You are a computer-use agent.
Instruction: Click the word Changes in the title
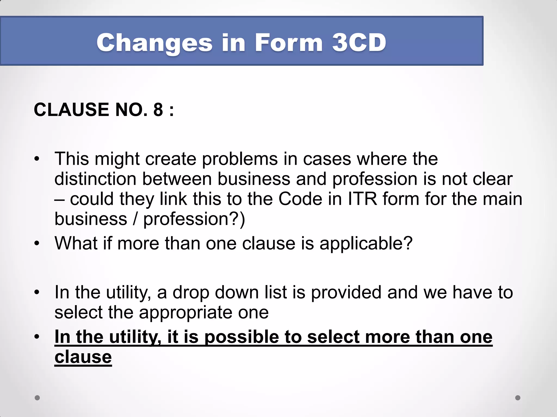(154, 43)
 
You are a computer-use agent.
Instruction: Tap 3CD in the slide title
(359, 43)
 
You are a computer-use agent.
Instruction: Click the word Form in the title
(289, 43)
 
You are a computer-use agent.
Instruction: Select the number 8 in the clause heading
(158, 110)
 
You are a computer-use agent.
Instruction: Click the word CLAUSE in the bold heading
(71, 110)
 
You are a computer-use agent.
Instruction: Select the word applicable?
(366, 243)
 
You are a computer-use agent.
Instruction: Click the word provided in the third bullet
(346, 292)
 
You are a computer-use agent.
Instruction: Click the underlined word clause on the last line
(83, 357)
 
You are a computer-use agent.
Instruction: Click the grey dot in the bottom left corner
(37, 398)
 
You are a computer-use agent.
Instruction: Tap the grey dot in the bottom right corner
(518, 398)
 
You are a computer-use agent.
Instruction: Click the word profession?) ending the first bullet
(194, 219)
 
